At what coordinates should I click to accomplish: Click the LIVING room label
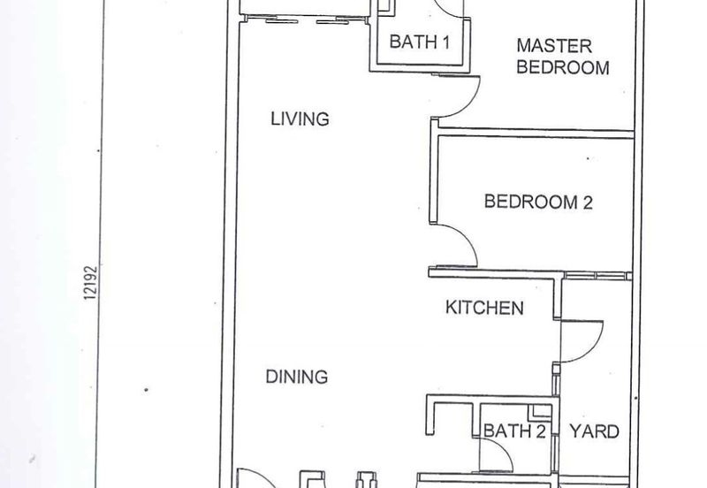300,118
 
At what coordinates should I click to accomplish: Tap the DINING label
297,377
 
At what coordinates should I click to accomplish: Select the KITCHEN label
484,308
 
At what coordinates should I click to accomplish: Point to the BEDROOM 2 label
538,202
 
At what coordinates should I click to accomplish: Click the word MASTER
554,46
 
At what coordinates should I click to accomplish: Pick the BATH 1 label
419,42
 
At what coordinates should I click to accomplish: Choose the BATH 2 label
514,431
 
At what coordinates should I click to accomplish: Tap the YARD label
594,431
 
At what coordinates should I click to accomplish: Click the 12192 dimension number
91,283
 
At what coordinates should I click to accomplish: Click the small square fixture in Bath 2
540,410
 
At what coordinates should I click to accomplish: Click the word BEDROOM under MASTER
563,67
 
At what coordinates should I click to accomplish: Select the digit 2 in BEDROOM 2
588,202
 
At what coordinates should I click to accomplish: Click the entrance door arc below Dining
261,476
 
